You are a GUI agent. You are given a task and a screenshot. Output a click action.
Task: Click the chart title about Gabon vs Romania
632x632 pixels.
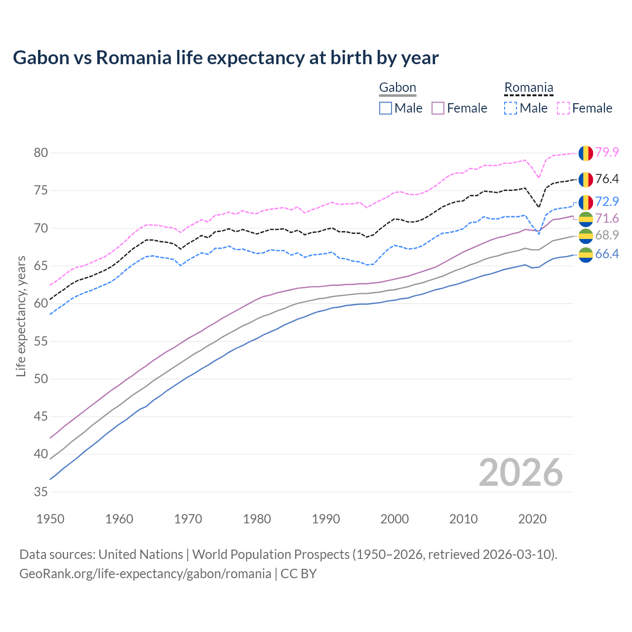pyautogui.click(x=226, y=58)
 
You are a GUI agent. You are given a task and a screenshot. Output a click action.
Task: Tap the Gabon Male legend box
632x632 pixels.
pyautogui.click(x=386, y=108)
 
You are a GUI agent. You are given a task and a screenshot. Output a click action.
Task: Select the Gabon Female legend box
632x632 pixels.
pyautogui.click(x=438, y=108)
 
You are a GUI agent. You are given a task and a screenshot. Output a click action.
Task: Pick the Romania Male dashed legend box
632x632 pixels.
pyautogui.click(x=511, y=108)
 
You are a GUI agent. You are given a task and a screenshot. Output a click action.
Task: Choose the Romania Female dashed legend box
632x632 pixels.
pyautogui.click(x=563, y=108)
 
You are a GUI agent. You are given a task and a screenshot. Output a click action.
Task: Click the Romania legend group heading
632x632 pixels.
pyautogui.click(x=528, y=88)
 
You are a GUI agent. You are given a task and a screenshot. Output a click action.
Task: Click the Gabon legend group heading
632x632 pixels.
pyautogui.click(x=397, y=88)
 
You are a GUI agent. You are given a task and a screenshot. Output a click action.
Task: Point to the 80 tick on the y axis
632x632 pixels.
pyautogui.click(x=41, y=153)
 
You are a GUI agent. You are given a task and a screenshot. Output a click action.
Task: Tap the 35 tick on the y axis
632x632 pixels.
pyautogui.click(x=41, y=492)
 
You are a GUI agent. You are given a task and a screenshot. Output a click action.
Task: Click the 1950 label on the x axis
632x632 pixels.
pyautogui.click(x=50, y=519)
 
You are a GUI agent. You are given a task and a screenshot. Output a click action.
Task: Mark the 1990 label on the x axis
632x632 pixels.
pyautogui.click(x=326, y=519)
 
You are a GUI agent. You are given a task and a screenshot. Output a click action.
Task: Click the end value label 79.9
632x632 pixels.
pyautogui.click(x=607, y=152)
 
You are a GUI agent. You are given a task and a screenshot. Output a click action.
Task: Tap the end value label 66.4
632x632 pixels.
pyautogui.click(x=607, y=254)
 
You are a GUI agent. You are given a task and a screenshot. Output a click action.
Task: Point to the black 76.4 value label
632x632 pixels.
pyautogui.click(x=607, y=179)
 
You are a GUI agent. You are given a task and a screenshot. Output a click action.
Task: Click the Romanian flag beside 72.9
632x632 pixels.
pyautogui.click(x=586, y=202)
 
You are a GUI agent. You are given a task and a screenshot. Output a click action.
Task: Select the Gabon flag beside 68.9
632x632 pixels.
pyautogui.click(x=586, y=236)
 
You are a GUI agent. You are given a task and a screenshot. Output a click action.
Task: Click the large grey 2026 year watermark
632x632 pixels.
pyautogui.click(x=521, y=473)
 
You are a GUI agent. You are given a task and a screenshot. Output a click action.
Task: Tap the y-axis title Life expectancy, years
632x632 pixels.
pyautogui.click(x=21, y=316)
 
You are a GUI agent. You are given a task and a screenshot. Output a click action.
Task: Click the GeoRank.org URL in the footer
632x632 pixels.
pyautogui.click(x=145, y=574)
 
